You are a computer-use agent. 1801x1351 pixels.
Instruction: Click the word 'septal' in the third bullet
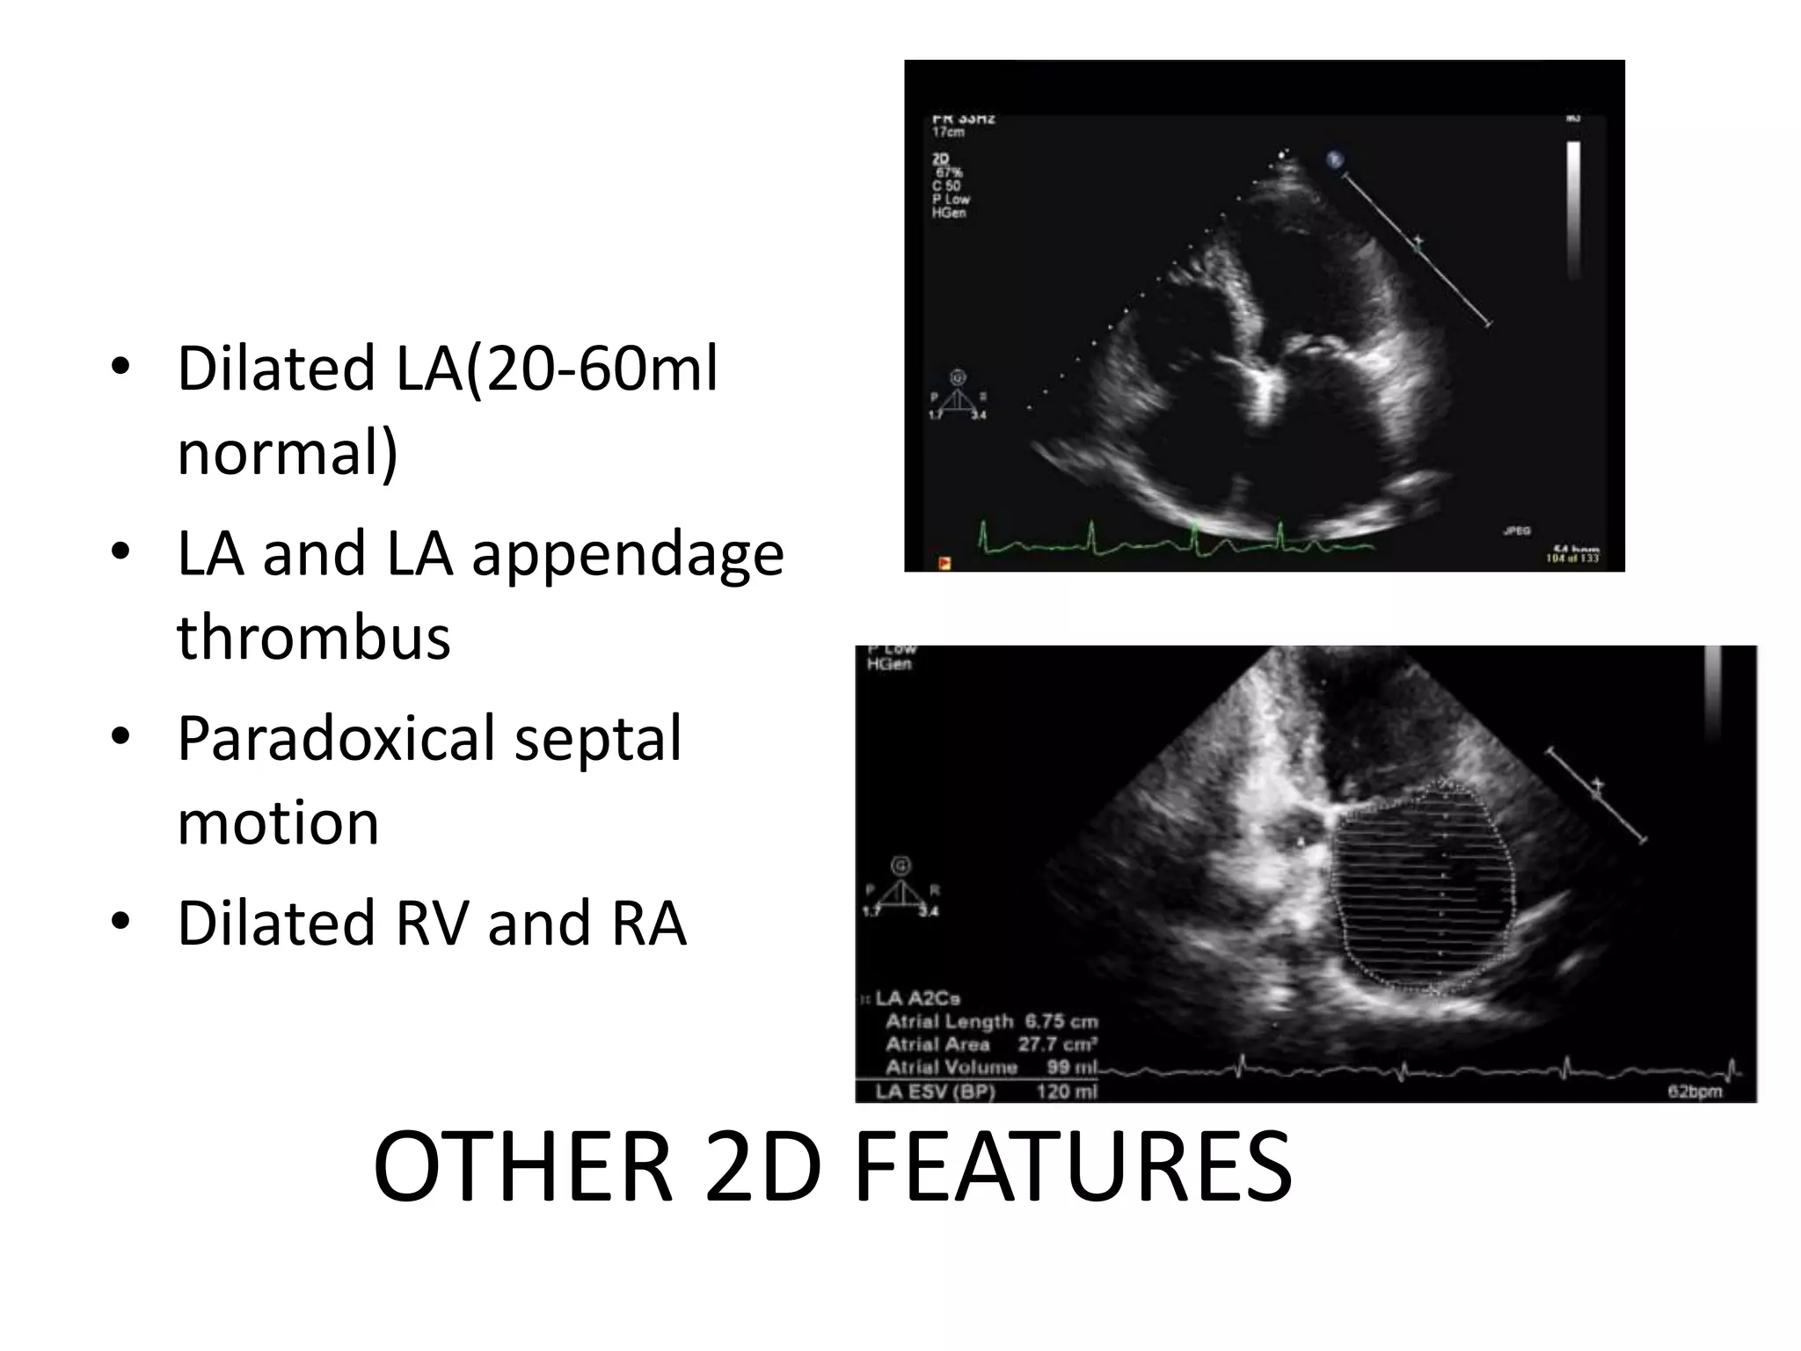point(597,739)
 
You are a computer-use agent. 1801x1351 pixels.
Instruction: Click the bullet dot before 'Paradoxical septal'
point(120,734)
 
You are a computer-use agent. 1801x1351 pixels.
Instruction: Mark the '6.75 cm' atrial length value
point(1061,1022)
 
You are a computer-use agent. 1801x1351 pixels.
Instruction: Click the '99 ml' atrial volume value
point(1072,1068)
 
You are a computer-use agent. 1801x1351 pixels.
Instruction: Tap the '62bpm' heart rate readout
point(1695,1092)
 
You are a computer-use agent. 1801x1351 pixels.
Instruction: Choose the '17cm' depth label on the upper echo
point(948,133)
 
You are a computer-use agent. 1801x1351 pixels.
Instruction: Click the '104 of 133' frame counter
point(1572,559)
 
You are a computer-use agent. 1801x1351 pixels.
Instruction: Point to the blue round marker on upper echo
point(1335,160)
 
